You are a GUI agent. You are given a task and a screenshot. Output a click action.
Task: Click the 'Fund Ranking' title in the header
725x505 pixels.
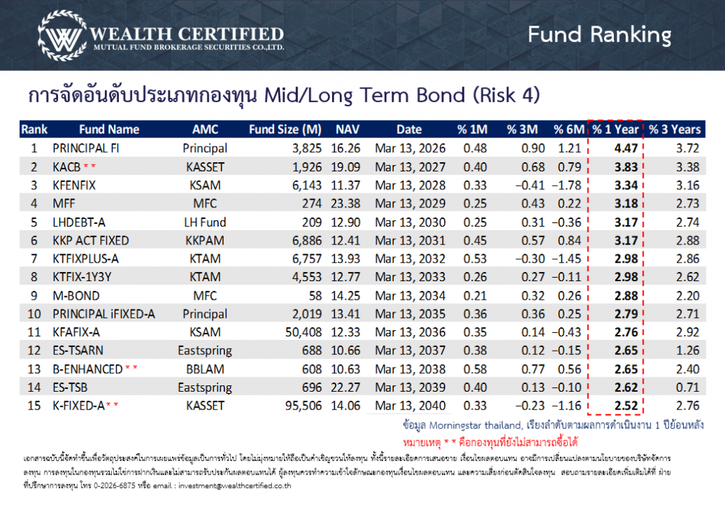pos(599,34)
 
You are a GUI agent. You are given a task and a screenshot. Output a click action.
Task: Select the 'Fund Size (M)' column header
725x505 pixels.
pos(285,130)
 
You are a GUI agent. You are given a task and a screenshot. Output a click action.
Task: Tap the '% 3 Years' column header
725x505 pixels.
pos(675,130)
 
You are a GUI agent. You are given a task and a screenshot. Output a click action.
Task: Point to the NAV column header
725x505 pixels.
pos(347,130)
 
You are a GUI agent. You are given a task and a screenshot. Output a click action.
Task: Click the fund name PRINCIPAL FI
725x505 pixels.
pos(84,149)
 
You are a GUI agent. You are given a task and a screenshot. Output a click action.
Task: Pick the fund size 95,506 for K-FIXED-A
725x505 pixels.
pos(302,406)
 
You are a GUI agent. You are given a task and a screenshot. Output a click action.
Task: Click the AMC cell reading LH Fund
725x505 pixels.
pos(205,222)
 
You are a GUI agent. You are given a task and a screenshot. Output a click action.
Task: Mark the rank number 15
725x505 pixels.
pos(33,406)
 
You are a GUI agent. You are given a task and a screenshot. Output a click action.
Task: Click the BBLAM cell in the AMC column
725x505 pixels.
pos(205,369)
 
